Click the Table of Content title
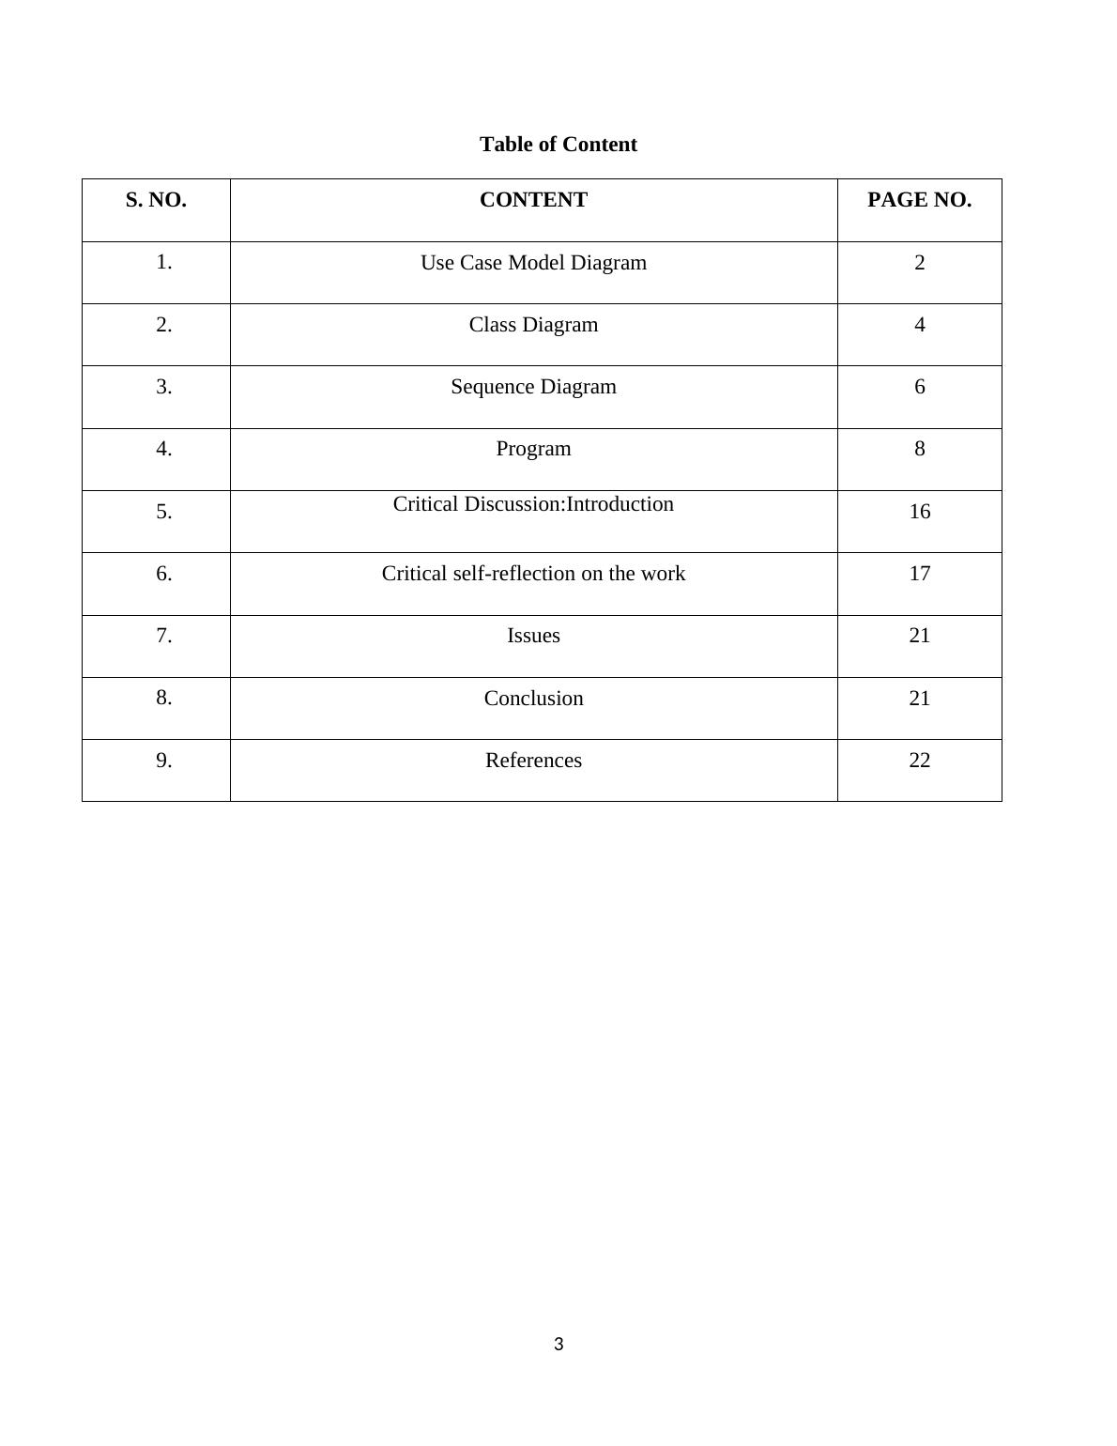[x=558, y=145]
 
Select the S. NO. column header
[x=156, y=200]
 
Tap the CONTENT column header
[x=533, y=200]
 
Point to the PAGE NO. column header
[x=919, y=200]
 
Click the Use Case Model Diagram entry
[x=533, y=263]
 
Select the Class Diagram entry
[x=533, y=325]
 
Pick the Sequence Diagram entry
[x=533, y=387]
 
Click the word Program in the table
[x=533, y=449]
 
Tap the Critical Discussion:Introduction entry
[x=533, y=504]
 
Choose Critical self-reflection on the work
[x=533, y=574]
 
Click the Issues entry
[x=533, y=636]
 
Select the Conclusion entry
[x=533, y=699]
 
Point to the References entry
[x=533, y=761]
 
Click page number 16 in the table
[x=919, y=512]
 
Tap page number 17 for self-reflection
[x=919, y=574]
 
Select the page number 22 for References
[x=919, y=761]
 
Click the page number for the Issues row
[x=919, y=636]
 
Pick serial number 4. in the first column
[x=164, y=449]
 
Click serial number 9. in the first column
[x=164, y=761]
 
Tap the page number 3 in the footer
[x=558, y=1345]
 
